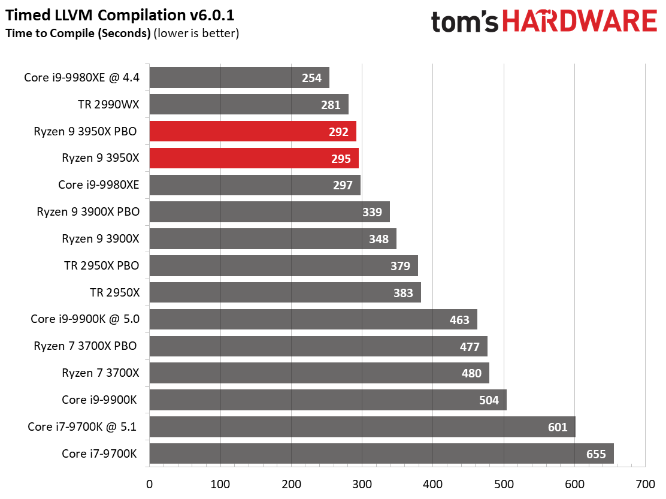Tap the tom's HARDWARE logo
coord(543,22)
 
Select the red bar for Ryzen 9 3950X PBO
coord(252,132)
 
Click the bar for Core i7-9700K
coord(381,453)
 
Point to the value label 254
coord(312,78)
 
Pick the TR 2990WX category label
coord(108,105)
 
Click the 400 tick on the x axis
coord(432,483)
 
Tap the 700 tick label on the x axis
coord(645,483)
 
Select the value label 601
coord(558,427)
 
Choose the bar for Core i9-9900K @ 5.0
coord(313,319)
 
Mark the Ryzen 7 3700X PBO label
coord(99,346)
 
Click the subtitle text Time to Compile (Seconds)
coord(78,34)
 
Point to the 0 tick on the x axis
coord(149,483)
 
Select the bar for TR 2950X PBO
coord(283,265)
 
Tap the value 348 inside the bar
coord(379,239)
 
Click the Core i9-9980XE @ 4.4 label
coord(81,78)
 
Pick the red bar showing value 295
coord(253,158)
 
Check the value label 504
coord(489,400)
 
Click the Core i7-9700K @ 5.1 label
coord(83,427)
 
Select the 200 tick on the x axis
coord(291,483)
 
